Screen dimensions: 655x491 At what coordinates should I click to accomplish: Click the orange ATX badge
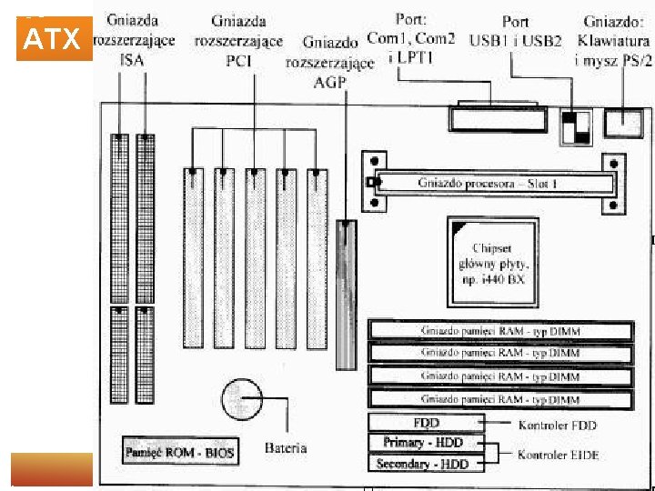pyautogui.click(x=55, y=40)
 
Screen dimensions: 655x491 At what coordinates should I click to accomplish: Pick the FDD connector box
pyautogui.click(x=427, y=423)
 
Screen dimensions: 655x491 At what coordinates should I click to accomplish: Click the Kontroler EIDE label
pyautogui.click(x=558, y=454)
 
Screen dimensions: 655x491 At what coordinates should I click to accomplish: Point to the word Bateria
pyautogui.click(x=286, y=447)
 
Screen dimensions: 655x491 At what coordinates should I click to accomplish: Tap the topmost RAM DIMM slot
pyautogui.click(x=500, y=331)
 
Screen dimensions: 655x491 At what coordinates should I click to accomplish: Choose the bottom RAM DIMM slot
pyautogui.click(x=500, y=398)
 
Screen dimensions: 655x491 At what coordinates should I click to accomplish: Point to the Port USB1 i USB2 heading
pyautogui.click(x=516, y=31)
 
